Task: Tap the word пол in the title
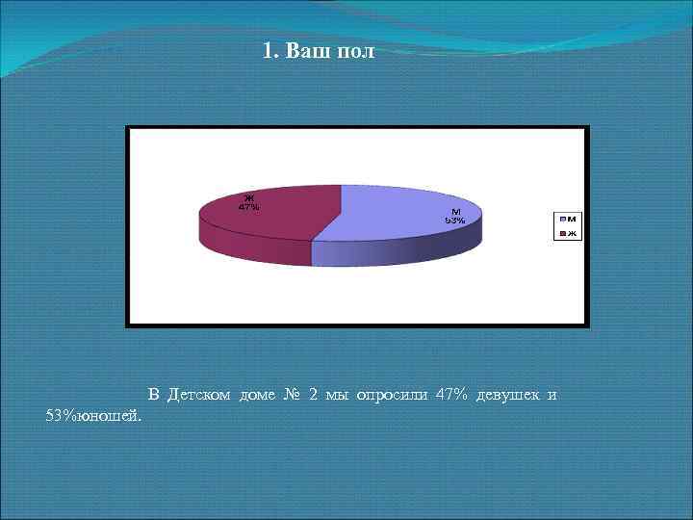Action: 355,51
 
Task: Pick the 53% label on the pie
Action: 454,221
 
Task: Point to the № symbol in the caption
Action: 294,395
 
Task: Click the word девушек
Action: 507,395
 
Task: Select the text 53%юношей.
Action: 93,415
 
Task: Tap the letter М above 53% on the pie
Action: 454,213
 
